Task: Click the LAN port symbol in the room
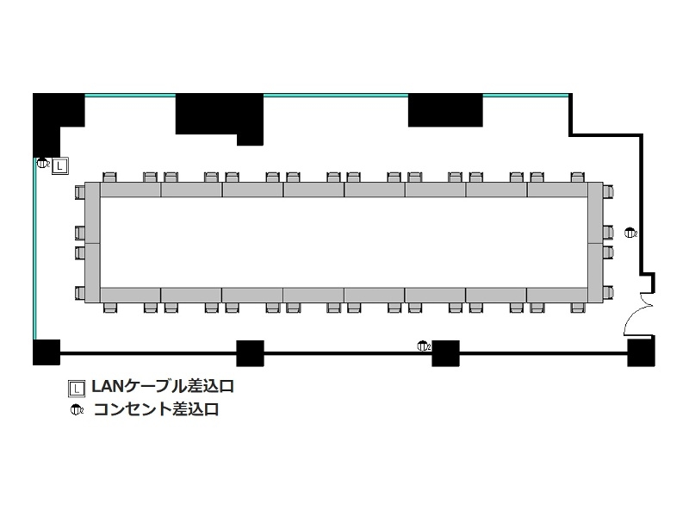click(59, 166)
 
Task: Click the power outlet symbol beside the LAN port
click(42, 164)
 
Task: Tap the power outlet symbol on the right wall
click(630, 233)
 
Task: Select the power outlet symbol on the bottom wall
click(423, 346)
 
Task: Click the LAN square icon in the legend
click(77, 388)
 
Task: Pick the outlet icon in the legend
click(77, 410)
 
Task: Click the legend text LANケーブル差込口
click(162, 386)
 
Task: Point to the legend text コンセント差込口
click(157, 409)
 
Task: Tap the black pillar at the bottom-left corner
click(47, 352)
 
